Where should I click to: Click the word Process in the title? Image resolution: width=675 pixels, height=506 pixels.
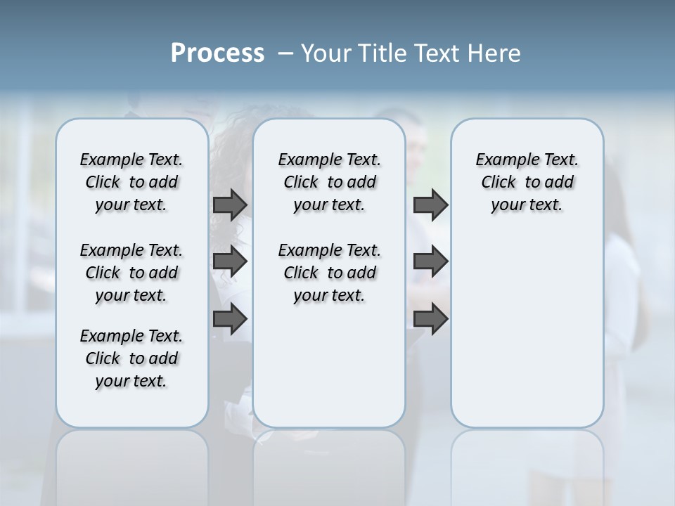(217, 53)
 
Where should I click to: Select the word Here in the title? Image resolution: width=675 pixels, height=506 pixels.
(494, 53)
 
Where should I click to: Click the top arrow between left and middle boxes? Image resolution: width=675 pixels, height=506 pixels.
(230, 205)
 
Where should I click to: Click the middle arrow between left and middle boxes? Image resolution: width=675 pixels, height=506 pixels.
(230, 261)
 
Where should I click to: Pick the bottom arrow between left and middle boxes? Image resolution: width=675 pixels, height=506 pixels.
(230, 318)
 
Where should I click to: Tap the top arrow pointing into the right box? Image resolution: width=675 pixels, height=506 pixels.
(430, 205)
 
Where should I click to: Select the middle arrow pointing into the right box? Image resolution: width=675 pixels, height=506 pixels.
(430, 261)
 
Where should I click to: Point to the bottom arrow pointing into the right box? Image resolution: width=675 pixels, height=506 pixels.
(430, 318)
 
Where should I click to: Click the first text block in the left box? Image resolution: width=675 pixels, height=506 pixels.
(131, 182)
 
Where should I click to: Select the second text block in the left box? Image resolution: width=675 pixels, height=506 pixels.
(131, 273)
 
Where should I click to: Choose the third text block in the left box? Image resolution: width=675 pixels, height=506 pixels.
(131, 358)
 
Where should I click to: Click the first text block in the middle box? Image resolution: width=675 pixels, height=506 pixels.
(329, 182)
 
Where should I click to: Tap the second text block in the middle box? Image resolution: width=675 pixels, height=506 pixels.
(329, 273)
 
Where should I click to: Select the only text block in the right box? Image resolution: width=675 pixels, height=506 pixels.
(527, 182)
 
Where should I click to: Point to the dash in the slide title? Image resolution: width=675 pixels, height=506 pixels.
(285, 53)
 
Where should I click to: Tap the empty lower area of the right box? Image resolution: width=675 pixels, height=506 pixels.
(527, 330)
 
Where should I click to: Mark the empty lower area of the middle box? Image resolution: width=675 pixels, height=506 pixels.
(329, 365)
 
